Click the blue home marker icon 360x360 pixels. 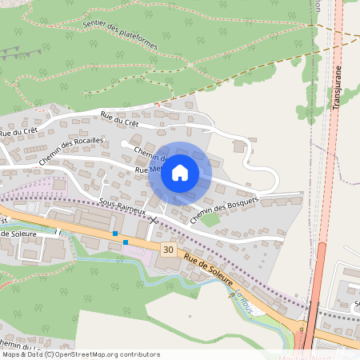pyautogui.click(x=180, y=172)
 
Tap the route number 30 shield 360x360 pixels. pyautogui.click(x=167, y=250)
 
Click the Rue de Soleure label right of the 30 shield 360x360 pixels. pyautogui.click(x=209, y=270)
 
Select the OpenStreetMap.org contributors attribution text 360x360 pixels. pyautogui.click(x=105, y=354)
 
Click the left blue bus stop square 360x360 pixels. pyautogui.click(x=115, y=234)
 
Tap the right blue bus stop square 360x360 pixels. pyautogui.click(x=126, y=242)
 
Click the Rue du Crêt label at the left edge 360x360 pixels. pyautogui.click(x=18, y=130)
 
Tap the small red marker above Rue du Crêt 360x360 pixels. pyautogui.click(x=158, y=105)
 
